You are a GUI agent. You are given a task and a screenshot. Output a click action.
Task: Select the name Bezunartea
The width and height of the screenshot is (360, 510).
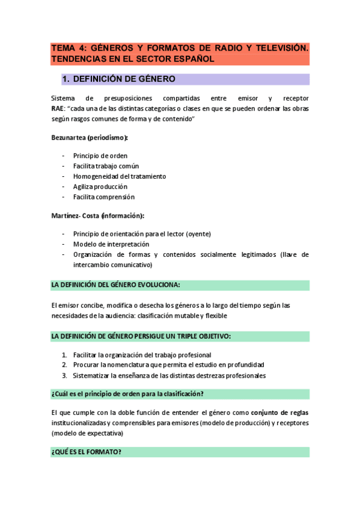[x=68, y=138]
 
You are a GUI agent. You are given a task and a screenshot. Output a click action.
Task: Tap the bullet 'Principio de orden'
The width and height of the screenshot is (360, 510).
[x=100, y=156]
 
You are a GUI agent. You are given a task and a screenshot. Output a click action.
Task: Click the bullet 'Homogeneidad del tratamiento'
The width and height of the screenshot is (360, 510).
[x=120, y=176]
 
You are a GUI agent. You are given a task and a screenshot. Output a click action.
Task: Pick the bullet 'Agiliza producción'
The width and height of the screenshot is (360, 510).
[x=100, y=186]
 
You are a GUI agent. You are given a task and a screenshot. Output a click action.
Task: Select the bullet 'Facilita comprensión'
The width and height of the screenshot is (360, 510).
[x=104, y=197]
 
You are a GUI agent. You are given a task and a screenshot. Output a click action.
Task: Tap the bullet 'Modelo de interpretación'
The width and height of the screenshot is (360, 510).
[x=111, y=244]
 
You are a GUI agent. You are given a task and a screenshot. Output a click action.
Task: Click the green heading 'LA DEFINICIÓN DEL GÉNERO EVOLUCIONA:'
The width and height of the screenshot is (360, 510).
[x=116, y=284]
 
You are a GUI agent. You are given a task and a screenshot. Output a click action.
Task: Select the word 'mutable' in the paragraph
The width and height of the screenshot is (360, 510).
[x=188, y=316]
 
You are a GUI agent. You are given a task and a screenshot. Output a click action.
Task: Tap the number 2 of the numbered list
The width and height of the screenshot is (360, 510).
[x=64, y=365]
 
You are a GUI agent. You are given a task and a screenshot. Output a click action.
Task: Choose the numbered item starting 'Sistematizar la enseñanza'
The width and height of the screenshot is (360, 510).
[x=169, y=375]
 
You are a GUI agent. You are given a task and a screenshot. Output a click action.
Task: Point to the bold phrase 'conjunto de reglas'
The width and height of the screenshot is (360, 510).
[x=279, y=413]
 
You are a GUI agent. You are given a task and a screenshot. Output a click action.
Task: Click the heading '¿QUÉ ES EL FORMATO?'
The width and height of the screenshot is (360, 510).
[x=87, y=452]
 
